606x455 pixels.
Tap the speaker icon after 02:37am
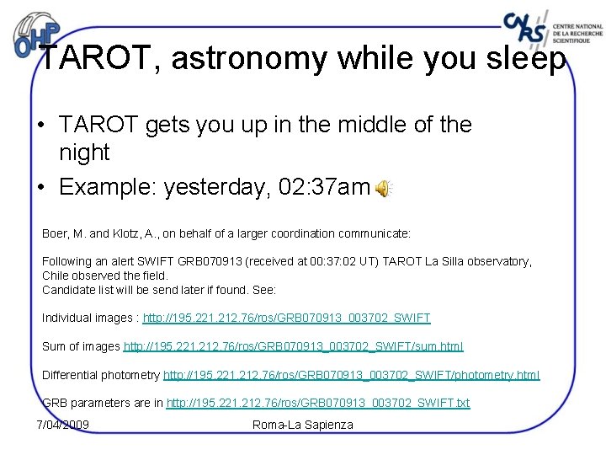(x=383, y=189)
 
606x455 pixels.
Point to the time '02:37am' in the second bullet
(x=324, y=187)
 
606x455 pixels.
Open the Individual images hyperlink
(x=286, y=318)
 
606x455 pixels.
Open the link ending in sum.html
(x=294, y=346)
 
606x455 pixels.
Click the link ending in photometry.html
(x=351, y=375)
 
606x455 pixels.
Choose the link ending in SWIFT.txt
(x=318, y=404)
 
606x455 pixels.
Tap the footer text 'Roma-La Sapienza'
(x=303, y=424)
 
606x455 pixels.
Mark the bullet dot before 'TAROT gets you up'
(x=40, y=127)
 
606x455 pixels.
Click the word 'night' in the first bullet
(x=84, y=153)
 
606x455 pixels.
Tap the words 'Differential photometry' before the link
(x=101, y=375)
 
